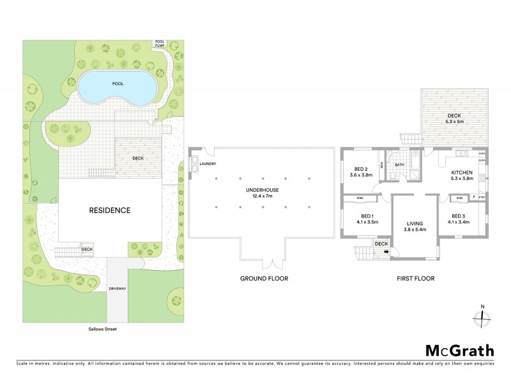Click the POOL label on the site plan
(117, 84)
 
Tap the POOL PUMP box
(159, 45)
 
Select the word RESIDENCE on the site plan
(110, 210)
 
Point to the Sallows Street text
(103, 330)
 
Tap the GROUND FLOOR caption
(264, 278)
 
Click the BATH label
(400, 164)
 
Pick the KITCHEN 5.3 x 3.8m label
(461, 177)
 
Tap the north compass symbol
(483, 318)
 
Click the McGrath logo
(460, 350)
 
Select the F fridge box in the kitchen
(474, 198)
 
